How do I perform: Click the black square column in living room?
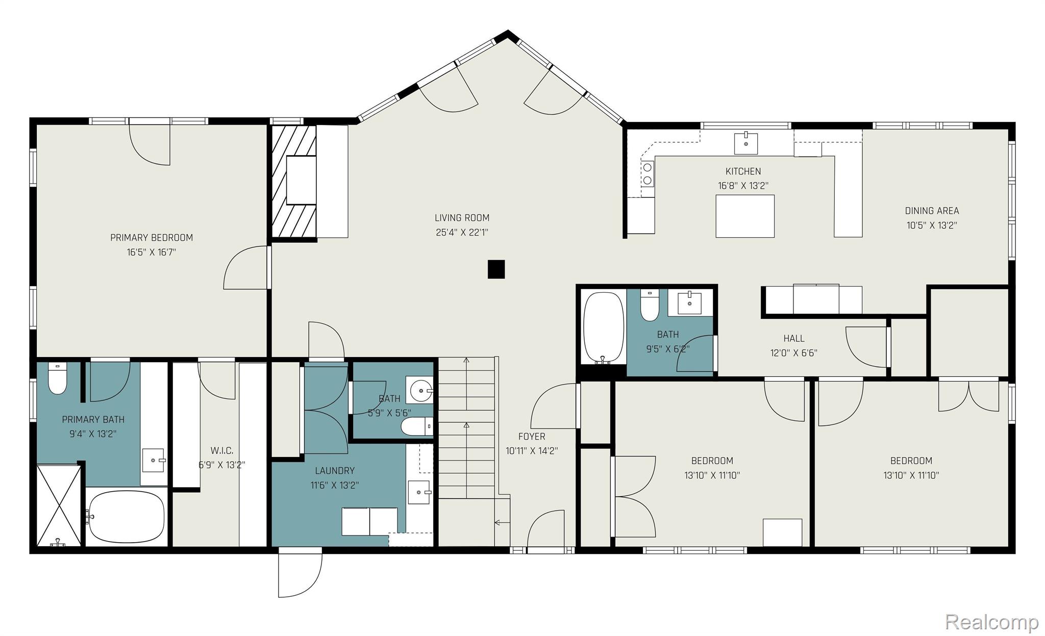click(x=496, y=269)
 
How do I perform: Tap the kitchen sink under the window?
click(x=745, y=143)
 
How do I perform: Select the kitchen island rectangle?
click(x=744, y=216)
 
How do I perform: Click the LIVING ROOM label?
click(x=462, y=218)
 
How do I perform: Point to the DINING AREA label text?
click(x=932, y=211)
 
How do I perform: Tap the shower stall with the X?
click(x=59, y=505)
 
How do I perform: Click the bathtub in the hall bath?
click(x=603, y=327)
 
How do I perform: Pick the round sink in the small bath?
click(x=420, y=391)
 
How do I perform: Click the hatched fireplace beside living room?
click(x=293, y=181)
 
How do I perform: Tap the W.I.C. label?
click(x=221, y=451)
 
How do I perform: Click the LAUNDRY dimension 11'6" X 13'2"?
click(x=335, y=485)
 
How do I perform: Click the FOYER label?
click(x=531, y=437)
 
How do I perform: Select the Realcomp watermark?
click(x=991, y=622)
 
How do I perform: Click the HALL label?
click(x=793, y=338)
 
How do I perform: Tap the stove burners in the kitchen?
click(x=647, y=173)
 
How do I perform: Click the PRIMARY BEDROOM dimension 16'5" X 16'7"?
click(x=151, y=252)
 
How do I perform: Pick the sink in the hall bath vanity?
click(x=689, y=303)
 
